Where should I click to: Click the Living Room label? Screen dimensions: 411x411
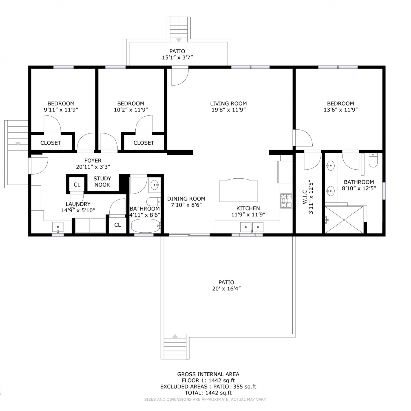point(228,104)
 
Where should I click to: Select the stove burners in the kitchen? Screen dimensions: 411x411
point(286,201)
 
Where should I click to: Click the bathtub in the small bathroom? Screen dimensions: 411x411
point(146,226)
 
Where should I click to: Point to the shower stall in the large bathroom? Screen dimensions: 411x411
point(344,220)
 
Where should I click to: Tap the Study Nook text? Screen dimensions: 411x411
point(102,182)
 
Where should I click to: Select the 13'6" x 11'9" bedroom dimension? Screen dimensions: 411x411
point(341,110)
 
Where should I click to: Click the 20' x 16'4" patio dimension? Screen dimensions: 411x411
point(226,289)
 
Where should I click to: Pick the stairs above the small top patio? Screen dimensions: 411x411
point(179,29)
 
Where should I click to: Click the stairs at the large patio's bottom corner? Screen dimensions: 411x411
point(175,346)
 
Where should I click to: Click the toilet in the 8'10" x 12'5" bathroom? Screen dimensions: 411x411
point(373,160)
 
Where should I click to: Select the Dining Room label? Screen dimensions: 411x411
point(186,199)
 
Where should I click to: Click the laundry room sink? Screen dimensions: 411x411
point(58,227)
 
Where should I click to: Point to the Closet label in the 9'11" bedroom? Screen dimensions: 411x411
point(51,143)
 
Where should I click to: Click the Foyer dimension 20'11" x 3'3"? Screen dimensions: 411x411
point(93,167)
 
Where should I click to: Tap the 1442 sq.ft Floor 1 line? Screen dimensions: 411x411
point(208,380)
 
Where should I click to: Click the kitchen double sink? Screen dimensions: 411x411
point(252,227)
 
